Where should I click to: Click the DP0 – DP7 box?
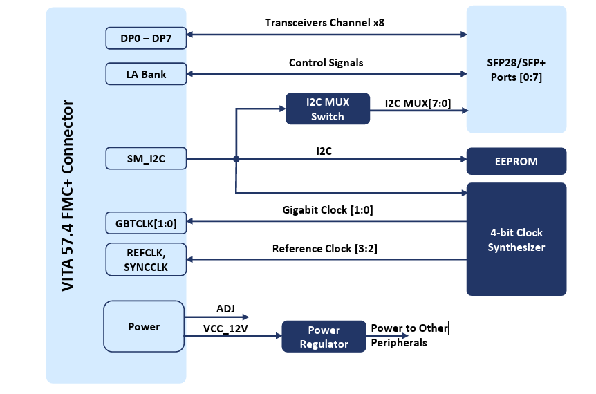146,39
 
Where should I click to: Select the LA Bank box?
146,74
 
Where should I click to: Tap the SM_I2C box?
146,159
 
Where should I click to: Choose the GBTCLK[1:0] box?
146,223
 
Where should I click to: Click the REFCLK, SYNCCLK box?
146,259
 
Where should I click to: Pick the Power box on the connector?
144,326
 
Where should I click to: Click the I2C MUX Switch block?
328,109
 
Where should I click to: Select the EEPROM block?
516,161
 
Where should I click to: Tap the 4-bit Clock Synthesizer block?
516,239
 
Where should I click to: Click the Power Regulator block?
324,337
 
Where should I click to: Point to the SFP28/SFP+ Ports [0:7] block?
516,70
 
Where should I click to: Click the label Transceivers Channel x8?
324,22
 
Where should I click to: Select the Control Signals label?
326,63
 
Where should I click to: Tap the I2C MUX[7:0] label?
418,103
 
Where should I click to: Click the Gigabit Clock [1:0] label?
328,210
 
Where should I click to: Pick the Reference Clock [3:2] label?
325,248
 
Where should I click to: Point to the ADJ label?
225,309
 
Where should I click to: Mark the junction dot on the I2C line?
236,159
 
